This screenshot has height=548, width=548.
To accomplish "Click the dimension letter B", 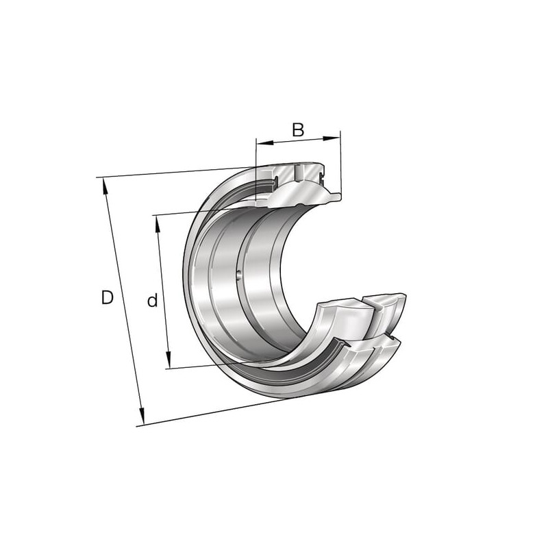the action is pyautogui.click(x=298, y=129).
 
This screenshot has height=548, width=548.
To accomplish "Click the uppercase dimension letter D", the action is pyautogui.click(x=108, y=297).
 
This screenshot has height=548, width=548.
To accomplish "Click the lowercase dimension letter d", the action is pyautogui.click(x=152, y=300).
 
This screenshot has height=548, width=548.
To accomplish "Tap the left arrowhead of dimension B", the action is pyautogui.click(x=264, y=142).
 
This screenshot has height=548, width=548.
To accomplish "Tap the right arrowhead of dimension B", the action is pyautogui.click(x=332, y=138).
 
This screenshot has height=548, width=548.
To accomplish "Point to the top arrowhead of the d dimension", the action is pyautogui.click(x=158, y=224).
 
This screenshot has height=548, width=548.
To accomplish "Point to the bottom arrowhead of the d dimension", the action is pyautogui.click(x=168, y=360).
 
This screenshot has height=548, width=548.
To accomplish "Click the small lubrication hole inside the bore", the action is pyautogui.click(x=239, y=275).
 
